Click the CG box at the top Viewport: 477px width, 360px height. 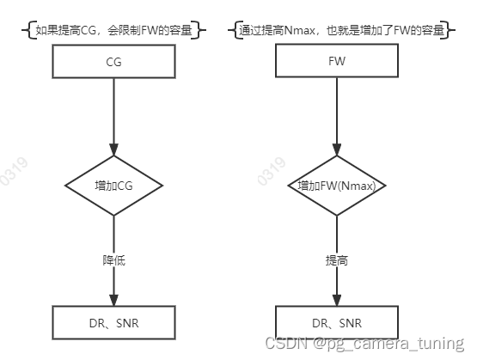[113, 61]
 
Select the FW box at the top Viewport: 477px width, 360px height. [336, 61]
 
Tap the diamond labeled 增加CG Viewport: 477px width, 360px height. [113, 185]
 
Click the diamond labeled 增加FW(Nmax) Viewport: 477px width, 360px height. [336, 185]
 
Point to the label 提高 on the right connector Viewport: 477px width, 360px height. [336, 260]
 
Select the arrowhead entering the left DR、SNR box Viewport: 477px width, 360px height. [113, 301]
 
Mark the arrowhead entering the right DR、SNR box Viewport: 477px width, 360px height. [336, 301]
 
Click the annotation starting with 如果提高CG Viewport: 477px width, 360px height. [114, 31]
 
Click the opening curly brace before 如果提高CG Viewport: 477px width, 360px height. [24, 31]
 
